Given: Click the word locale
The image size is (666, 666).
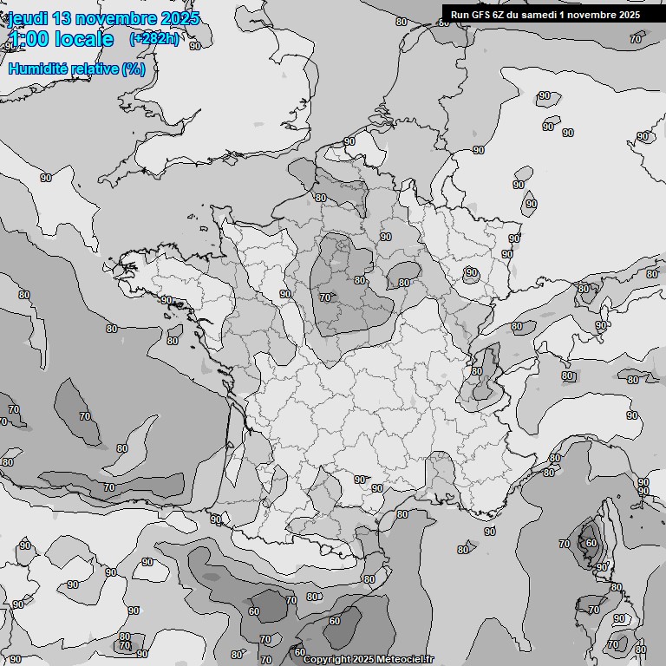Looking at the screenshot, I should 83,39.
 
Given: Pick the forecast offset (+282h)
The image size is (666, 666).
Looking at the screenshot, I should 155,39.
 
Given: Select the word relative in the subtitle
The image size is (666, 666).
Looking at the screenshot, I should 95,69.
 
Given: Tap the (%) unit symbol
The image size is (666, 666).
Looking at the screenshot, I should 134,69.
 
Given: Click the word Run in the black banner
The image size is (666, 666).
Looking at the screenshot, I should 460,15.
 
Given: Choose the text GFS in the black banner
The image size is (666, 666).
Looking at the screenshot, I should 481,15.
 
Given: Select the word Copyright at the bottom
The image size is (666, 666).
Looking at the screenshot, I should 327,660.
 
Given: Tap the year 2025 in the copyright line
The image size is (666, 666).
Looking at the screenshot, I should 365,660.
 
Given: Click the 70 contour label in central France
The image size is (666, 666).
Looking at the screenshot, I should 325,297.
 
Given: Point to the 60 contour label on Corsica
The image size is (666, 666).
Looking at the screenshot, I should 590,543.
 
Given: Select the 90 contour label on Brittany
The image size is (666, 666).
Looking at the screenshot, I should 166,300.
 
